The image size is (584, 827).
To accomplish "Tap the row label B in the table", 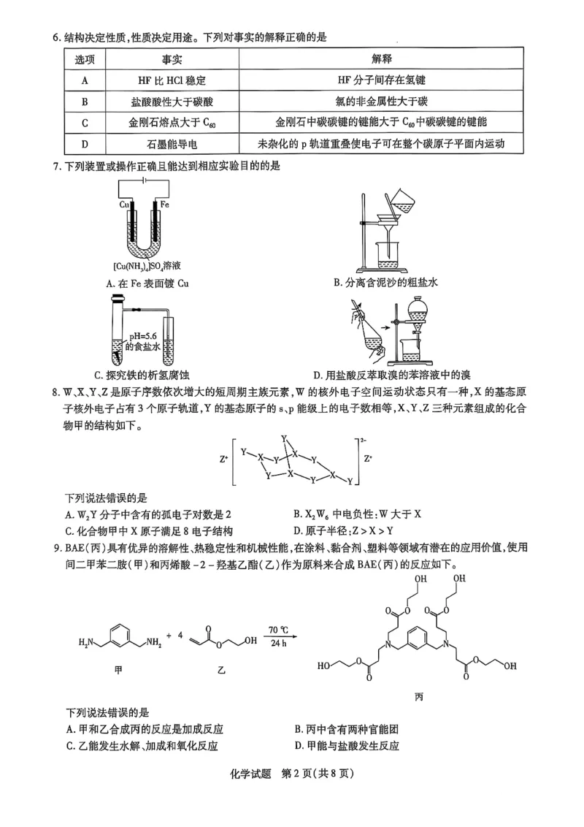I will tap(85, 102).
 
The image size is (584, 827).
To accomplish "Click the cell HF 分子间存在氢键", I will tap(381, 80).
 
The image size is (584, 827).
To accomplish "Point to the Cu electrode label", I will tap(125, 205).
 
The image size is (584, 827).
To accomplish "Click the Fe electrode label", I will tap(165, 205).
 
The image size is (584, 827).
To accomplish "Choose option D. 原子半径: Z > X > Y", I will tap(344, 531).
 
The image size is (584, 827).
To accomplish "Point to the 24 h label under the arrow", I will tap(278, 642).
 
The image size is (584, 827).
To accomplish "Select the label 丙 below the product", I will tap(418, 695).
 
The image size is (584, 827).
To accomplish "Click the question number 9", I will tap(55, 547).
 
